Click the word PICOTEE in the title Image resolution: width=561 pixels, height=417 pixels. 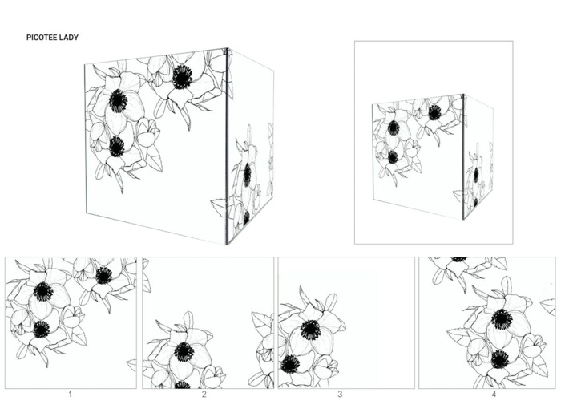[x=41, y=38]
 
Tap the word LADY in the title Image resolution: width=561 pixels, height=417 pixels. [x=69, y=38]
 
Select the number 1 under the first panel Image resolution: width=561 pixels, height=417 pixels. [x=71, y=395]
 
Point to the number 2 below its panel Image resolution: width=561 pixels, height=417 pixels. [x=204, y=395]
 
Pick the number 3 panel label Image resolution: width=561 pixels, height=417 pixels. [x=340, y=395]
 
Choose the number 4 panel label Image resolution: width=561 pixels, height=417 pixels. [x=494, y=395]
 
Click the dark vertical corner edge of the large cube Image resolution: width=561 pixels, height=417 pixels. [x=227, y=146]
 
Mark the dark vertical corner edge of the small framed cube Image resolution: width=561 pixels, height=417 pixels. [x=463, y=157]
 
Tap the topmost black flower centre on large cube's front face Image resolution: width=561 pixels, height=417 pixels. [x=183, y=77]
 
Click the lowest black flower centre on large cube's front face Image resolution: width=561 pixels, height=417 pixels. [x=117, y=147]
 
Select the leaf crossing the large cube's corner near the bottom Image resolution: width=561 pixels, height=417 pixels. [x=218, y=208]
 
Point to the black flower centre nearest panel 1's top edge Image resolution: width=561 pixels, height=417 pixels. [x=104, y=275]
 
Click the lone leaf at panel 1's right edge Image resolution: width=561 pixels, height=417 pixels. [x=131, y=365]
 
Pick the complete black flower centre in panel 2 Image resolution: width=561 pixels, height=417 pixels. [x=184, y=352]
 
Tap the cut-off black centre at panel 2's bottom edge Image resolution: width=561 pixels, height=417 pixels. [x=183, y=385]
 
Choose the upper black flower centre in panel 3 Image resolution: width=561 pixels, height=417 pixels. [x=311, y=330]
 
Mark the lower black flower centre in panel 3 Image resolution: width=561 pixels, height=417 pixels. [x=290, y=364]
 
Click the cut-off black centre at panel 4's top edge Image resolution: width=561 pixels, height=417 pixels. [x=459, y=259]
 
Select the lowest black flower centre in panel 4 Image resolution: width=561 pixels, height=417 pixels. [x=500, y=359]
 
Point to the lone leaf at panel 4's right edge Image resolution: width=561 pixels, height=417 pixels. [x=548, y=307]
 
